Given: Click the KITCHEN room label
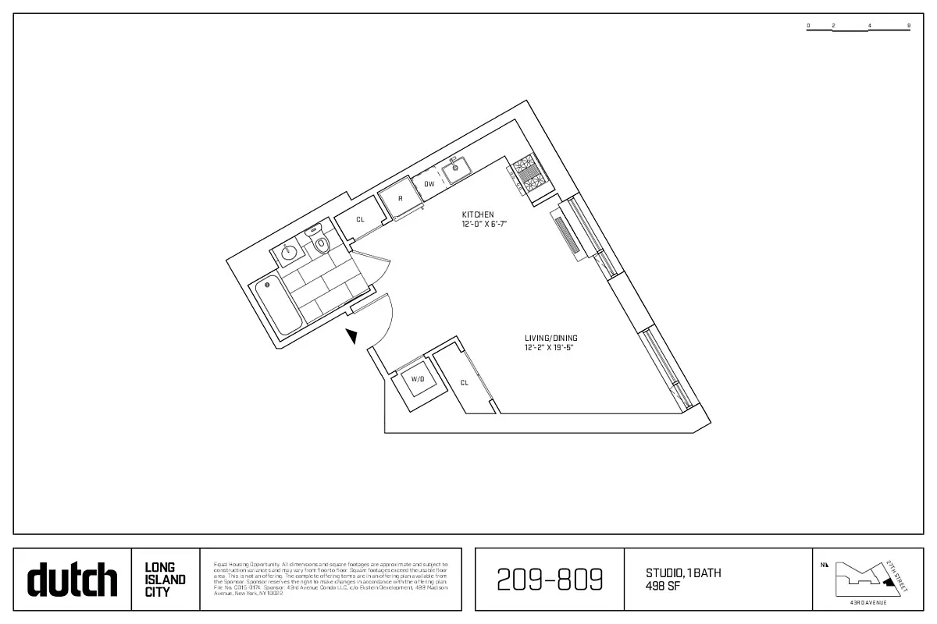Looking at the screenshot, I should pos(478,214).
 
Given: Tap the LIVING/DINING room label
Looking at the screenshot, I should pos(551,339).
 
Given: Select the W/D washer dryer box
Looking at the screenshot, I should pos(418,379).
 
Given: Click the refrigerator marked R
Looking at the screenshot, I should pos(401,198).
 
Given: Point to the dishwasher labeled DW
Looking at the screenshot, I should pos(429,185).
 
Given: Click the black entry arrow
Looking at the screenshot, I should pos(352,336).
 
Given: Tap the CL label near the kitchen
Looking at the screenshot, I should pos(360,220).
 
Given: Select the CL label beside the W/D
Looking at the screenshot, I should pos(464,383).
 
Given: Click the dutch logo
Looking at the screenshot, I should pos(73,580).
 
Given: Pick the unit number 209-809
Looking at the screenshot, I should pos(550,580).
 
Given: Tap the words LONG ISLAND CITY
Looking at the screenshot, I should pos(166,580).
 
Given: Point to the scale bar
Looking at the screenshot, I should pos(858,28).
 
